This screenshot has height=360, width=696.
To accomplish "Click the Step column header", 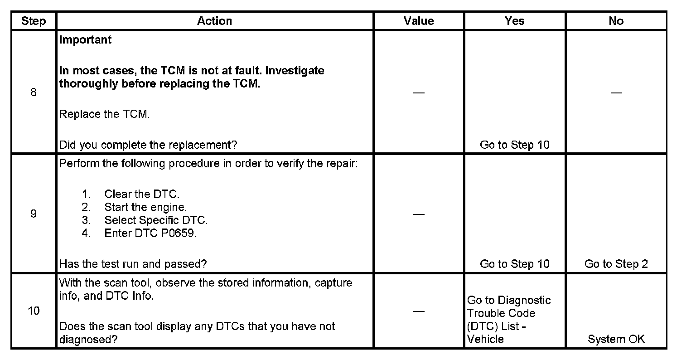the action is [x=34, y=21].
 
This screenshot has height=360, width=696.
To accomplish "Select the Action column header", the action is [x=214, y=21].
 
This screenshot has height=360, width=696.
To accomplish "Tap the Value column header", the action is [x=419, y=21].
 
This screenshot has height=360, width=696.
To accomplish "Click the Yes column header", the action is [x=514, y=21].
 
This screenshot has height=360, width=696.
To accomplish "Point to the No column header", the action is [x=616, y=21].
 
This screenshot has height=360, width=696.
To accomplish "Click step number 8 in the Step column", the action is [x=34, y=92].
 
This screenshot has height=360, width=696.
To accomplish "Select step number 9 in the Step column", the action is [x=34, y=214].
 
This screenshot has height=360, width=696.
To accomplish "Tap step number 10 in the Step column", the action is [x=34, y=311].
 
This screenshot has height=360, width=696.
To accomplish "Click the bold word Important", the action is [x=85, y=40].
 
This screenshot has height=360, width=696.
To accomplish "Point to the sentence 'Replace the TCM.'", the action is [x=104, y=114].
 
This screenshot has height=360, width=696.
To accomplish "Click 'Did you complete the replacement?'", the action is [x=148, y=145].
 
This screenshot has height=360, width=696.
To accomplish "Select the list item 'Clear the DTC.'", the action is [x=142, y=195].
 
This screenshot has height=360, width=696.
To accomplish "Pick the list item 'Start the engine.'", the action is [x=145, y=207].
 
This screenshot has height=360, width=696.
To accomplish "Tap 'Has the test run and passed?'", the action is [x=133, y=264].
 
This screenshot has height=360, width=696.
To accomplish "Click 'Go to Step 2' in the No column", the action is [x=616, y=264].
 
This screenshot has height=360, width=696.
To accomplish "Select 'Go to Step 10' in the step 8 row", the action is [x=514, y=145].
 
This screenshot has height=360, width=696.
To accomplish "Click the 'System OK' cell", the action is [x=616, y=339].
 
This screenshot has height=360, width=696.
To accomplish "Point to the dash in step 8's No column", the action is [x=616, y=93].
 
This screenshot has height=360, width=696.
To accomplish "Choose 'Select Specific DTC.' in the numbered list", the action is [x=156, y=220].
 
